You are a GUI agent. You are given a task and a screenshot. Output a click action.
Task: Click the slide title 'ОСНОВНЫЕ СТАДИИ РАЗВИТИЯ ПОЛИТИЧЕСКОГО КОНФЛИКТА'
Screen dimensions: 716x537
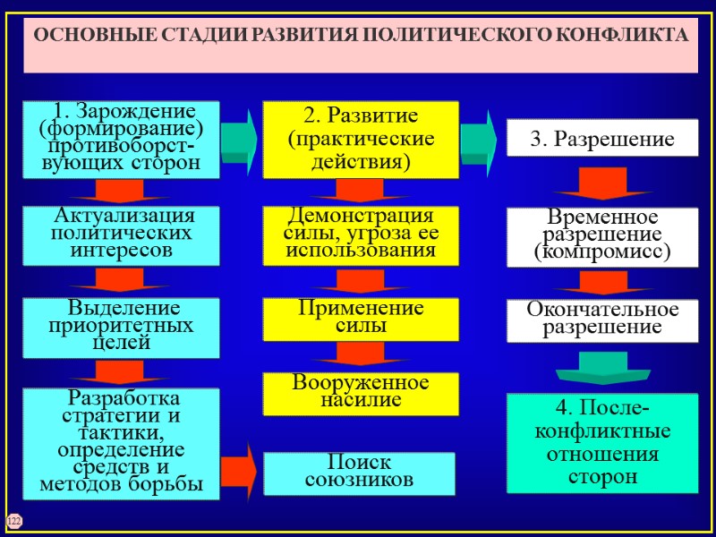pyautogui.click(x=361, y=37)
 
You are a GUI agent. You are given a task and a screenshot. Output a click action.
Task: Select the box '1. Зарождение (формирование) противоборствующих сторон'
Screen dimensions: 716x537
pyautogui.click(x=122, y=139)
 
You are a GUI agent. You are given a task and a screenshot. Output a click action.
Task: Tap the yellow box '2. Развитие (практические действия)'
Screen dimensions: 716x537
pyautogui.click(x=360, y=140)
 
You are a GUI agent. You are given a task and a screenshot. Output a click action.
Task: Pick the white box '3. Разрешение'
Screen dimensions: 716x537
pyautogui.click(x=602, y=140)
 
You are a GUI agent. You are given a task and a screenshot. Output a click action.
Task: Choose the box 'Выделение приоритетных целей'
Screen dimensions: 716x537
pyautogui.click(x=122, y=328)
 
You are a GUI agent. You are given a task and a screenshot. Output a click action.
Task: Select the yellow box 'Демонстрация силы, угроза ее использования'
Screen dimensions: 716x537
pyautogui.click(x=360, y=234)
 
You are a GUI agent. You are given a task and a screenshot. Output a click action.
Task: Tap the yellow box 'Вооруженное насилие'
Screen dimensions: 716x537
pyautogui.click(x=360, y=393)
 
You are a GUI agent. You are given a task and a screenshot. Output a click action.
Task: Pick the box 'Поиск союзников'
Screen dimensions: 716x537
pyautogui.click(x=360, y=473)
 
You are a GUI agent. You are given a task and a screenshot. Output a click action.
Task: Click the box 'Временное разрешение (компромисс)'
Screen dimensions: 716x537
pyautogui.click(x=602, y=236)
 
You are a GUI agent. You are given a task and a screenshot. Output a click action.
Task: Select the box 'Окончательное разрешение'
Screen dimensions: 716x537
pyautogui.click(x=602, y=320)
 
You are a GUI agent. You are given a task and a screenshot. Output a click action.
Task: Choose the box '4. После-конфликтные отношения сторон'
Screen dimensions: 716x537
pyautogui.click(x=602, y=443)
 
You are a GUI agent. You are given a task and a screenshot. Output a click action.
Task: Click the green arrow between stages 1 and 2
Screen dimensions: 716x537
pyautogui.click(x=239, y=138)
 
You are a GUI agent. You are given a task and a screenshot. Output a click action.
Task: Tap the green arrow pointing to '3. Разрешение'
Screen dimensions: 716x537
pyautogui.click(x=478, y=138)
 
